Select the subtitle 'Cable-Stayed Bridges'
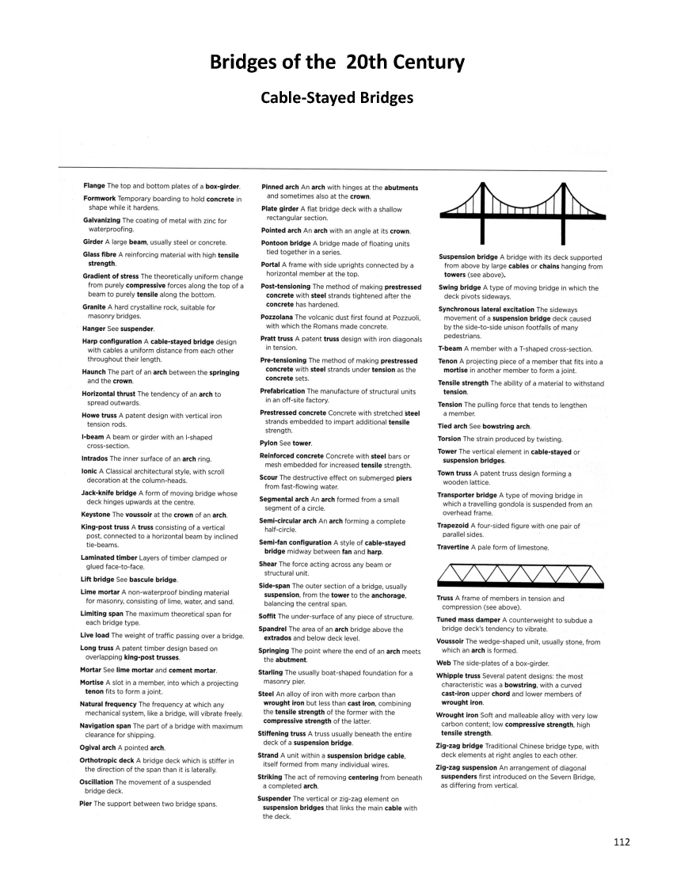tap(336, 98)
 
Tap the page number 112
tap(621, 842)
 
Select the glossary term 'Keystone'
tap(97, 515)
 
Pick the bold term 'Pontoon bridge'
tap(284, 243)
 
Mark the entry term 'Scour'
tap(269, 477)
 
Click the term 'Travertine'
tap(455, 547)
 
